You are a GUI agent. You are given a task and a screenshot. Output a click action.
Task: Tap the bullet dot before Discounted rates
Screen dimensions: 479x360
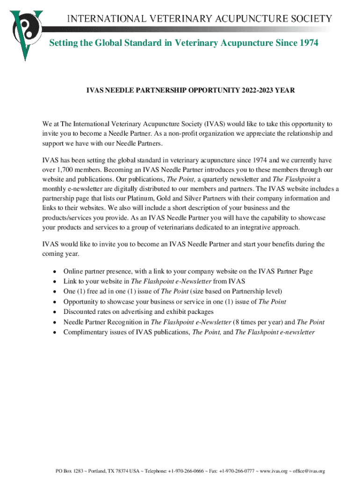55,312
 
